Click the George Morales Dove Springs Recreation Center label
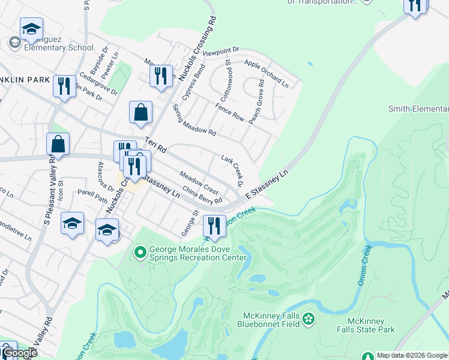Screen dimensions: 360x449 198,254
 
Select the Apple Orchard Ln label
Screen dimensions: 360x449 266,74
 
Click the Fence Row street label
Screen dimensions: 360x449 230,112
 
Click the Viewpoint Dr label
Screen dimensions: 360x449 221,52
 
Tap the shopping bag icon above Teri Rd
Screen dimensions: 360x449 140,112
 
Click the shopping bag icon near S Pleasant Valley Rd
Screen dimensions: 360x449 58,144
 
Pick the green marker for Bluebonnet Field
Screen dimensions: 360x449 309,318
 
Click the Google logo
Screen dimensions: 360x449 20,353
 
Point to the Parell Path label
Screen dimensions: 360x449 92,196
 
